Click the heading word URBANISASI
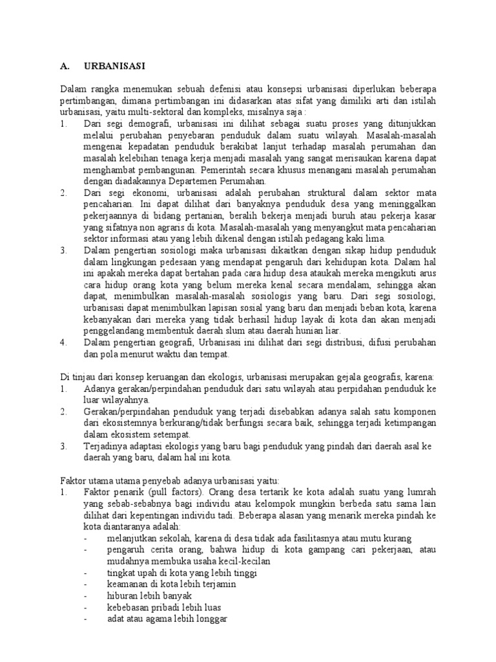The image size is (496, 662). coord(114,65)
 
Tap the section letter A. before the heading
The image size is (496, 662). coord(64,65)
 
